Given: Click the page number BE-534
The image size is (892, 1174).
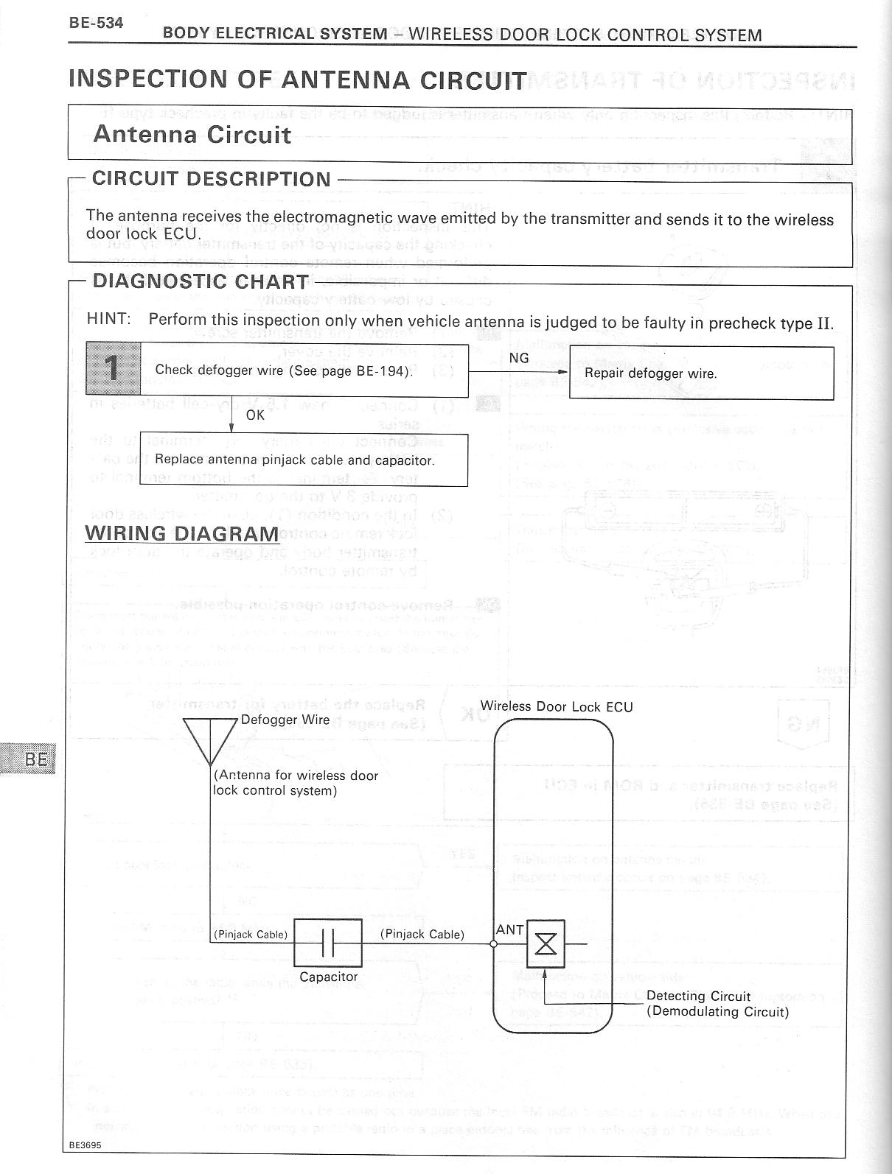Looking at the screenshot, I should (96, 22).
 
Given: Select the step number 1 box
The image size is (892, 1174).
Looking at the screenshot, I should (113, 369).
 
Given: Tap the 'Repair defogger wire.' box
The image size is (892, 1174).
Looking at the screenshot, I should (701, 373).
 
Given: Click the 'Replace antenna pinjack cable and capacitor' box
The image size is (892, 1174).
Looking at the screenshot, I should (304, 460).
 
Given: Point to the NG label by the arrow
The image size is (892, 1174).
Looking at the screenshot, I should (519, 358).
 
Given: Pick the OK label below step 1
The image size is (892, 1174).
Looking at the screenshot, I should (255, 415).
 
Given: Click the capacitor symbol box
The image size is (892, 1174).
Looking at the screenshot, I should (328, 943).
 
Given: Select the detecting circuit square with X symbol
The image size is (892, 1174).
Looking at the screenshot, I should (546, 943).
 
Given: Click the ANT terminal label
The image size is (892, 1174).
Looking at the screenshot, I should (509, 930).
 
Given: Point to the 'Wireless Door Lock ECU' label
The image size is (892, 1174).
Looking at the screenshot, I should (557, 706).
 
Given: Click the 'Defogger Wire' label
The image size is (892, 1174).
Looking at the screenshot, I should (285, 720).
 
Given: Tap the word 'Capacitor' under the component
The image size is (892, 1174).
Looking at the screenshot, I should (329, 977).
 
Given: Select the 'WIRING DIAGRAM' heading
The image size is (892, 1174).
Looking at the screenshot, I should (182, 533).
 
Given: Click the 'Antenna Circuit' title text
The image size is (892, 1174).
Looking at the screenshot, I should (192, 135).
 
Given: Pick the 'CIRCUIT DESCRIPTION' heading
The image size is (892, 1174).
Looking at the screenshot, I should (212, 179).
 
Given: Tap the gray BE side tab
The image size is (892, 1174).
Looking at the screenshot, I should (29, 759).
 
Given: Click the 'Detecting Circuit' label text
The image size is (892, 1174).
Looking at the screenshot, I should (698, 997).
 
